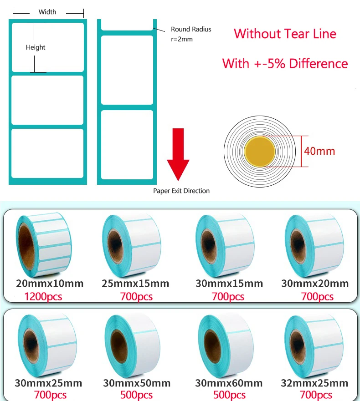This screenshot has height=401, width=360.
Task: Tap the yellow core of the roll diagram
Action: pos(260,151)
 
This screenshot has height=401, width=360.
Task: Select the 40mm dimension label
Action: pos(319,151)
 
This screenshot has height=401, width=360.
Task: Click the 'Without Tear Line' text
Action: pos(285,34)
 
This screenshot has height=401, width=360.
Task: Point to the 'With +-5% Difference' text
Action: pos(285,63)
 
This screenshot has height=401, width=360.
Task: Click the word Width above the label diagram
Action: pos(47,12)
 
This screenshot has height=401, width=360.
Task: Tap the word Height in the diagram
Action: pos(36,47)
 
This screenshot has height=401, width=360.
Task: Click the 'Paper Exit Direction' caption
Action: pos(181,191)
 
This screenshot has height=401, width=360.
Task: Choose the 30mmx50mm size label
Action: pos(136,383)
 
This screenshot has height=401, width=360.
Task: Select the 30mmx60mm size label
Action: pos(229,383)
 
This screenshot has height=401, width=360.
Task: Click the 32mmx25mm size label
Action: pos(315,383)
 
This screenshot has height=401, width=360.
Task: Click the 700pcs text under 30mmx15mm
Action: pos(228,297)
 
